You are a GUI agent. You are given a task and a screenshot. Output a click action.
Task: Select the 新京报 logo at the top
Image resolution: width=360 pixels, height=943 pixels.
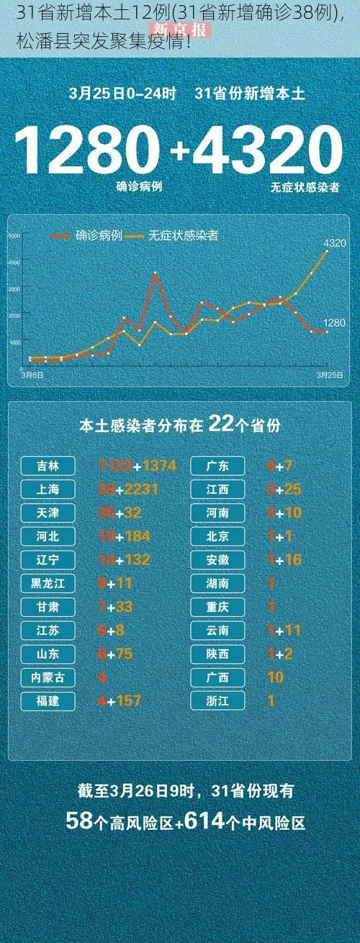point(179,30)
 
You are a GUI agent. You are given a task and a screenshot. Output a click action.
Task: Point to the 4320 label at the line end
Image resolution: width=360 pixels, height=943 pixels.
point(335,243)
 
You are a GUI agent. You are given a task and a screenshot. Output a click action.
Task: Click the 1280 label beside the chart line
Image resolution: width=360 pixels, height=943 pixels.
point(334,323)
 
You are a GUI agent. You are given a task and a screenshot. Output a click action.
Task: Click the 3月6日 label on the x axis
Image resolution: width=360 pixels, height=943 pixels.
point(31,374)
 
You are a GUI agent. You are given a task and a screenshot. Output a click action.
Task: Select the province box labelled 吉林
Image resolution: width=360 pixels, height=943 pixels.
point(49,466)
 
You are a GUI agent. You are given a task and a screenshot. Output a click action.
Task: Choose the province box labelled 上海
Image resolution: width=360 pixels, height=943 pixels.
point(49,489)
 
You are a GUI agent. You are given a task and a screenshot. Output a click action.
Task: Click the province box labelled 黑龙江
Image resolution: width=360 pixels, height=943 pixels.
point(49,583)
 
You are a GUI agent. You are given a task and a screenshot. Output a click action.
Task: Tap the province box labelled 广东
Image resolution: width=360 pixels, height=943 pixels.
point(218,466)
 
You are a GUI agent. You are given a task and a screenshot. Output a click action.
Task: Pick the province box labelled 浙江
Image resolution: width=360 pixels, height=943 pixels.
point(218,700)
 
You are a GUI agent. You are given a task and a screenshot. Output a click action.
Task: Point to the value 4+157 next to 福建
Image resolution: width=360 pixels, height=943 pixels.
point(120,700)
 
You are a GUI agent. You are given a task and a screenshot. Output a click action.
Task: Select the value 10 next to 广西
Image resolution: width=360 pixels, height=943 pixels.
point(275,677)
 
